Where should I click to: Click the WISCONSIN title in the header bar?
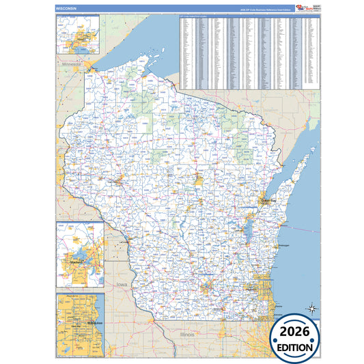[66, 8]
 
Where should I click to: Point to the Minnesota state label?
[72, 65]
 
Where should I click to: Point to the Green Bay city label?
[267, 202]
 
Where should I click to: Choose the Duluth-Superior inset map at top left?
[77, 35]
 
